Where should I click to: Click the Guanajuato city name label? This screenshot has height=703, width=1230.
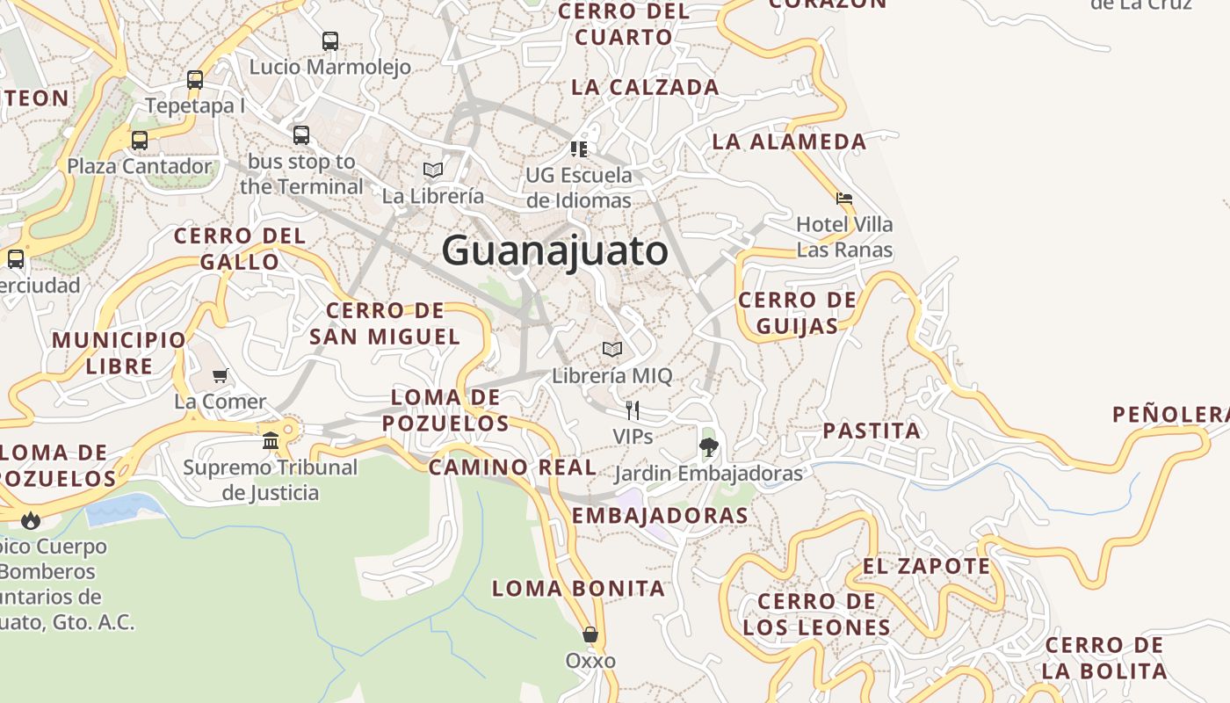[554, 251]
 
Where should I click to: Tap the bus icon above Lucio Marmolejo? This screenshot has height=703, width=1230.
[330, 40]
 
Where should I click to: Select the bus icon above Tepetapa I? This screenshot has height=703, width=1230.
[195, 80]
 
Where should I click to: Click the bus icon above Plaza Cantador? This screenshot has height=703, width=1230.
[140, 140]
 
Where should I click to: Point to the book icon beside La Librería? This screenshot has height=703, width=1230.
[432, 170]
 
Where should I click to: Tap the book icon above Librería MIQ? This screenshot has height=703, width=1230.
[612, 350]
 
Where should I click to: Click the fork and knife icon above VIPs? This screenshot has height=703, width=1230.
[632, 409]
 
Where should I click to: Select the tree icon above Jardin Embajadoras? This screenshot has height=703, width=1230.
[708, 447]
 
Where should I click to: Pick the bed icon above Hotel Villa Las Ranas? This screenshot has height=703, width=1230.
[844, 199]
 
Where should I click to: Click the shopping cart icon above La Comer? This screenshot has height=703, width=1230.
[221, 375]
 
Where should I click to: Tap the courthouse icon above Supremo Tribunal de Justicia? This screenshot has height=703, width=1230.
[271, 440]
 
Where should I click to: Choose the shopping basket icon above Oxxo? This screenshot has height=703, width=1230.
[590, 634]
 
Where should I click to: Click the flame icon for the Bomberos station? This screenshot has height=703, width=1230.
[32, 520]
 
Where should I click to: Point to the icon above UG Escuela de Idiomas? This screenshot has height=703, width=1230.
[579, 149]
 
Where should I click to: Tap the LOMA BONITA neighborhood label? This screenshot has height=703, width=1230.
[578, 589]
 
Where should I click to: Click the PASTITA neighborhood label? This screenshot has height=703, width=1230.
[872, 431]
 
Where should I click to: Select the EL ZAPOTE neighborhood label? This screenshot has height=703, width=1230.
[926, 567]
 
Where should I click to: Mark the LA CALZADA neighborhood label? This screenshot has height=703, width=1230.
[645, 87]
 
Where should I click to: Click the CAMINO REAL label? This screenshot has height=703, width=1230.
[512, 467]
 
